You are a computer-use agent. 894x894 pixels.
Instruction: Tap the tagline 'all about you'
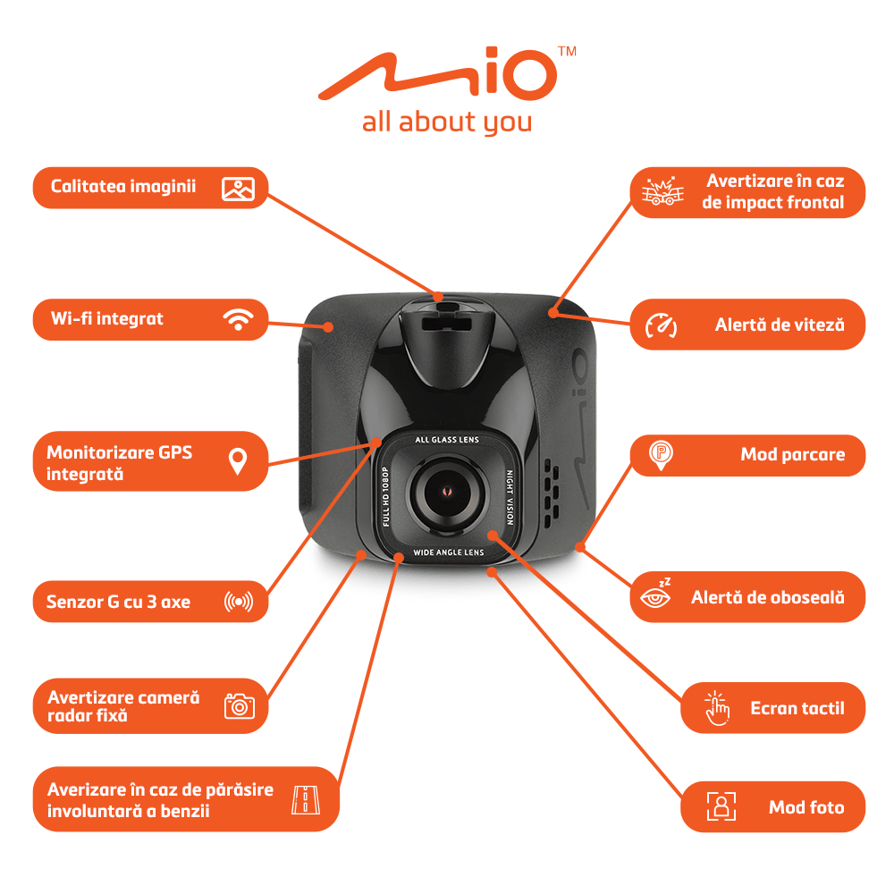(447, 122)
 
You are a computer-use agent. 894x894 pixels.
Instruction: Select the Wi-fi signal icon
(239, 319)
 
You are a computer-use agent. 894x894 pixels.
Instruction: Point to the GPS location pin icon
(238, 461)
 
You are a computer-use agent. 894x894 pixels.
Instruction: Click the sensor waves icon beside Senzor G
(239, 602)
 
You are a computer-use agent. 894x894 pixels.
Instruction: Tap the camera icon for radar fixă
(240, 706)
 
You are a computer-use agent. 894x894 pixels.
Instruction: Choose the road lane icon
(306, 799)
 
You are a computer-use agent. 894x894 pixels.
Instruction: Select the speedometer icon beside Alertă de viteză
(661, 325)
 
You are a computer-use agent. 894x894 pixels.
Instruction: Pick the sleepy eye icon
(656, 595)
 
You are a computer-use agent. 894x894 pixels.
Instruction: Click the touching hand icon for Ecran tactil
(717, 709)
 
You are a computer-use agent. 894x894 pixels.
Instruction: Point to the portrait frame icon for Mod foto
(721, 806)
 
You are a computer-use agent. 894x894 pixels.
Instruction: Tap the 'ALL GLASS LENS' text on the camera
(447, 440)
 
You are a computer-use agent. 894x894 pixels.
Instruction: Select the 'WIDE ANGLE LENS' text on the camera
(448, 552)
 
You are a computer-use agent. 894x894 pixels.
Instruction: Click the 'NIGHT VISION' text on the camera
(510, 497)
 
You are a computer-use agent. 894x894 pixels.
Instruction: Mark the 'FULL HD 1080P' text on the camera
(386, 496)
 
